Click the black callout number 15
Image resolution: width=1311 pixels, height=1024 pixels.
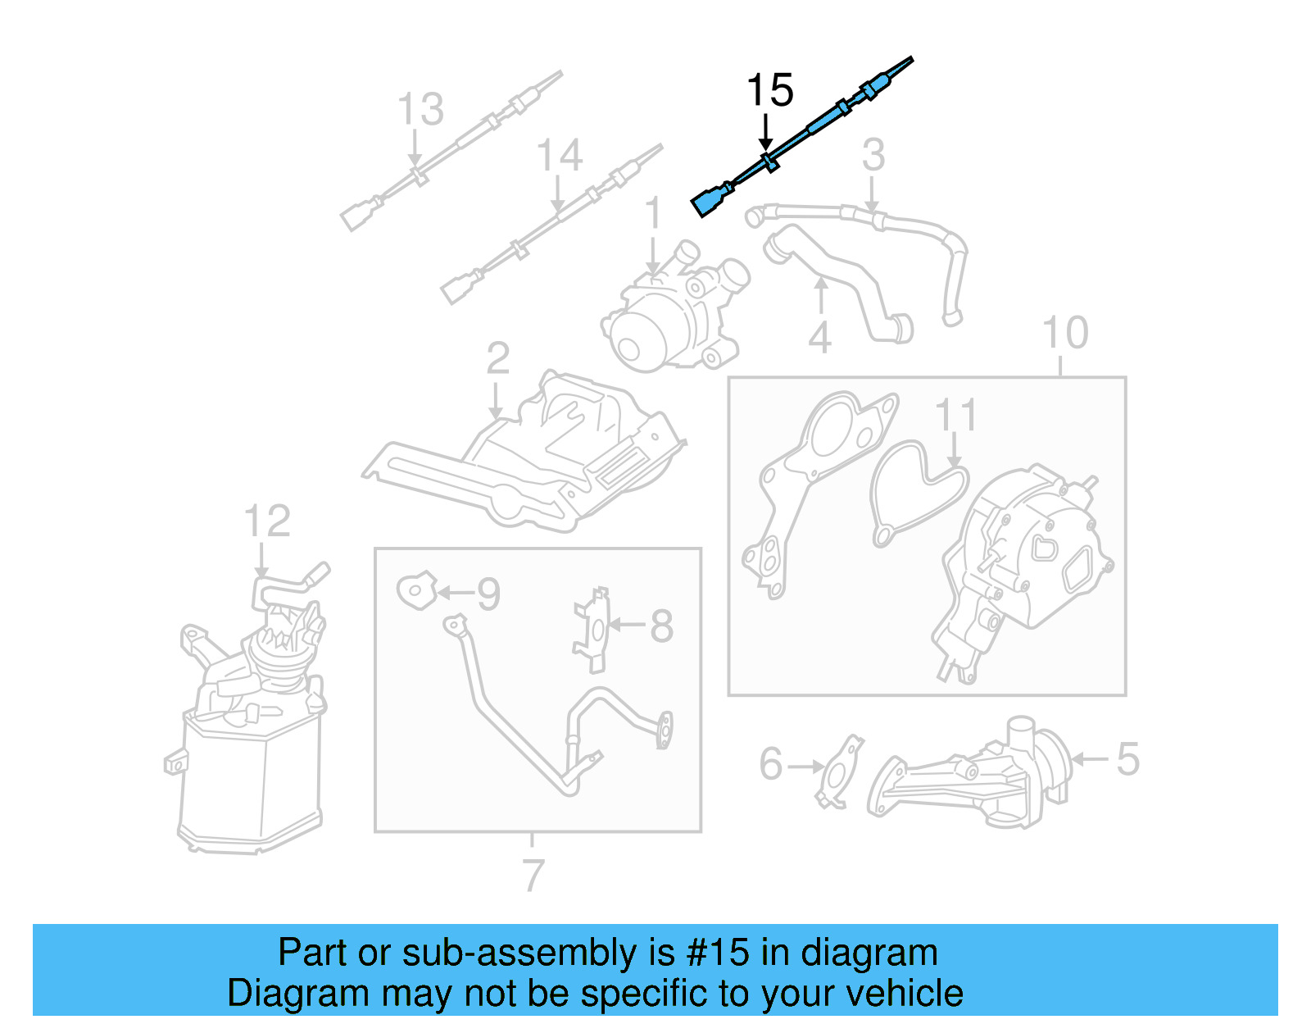pyautogui.click(x=769, y=90)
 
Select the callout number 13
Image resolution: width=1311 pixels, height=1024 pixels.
pyautogui.click(x=420, y=109)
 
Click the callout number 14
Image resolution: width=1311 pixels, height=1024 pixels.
pyautogui.click(x=560, y=155)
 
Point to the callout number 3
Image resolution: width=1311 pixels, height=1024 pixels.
pyautogui.click(x=873, y=155)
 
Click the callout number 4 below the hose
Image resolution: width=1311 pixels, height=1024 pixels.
pyautogui.click(x=820, y=338)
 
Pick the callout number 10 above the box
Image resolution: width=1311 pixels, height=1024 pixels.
pyautogui.click(x=1065, y=333)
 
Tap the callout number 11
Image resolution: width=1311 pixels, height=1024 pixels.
pyautogui.click(x=955, y=416)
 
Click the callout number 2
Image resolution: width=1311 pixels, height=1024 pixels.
pyautogui.click(x=497, y=359)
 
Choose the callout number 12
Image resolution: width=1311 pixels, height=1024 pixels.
pyautogui.click(x=267, y=521)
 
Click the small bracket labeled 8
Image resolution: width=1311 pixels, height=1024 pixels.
pyautogui.click(x=594, y=628)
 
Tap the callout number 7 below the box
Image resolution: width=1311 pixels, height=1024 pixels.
pyautogui.click(x=533, y=876)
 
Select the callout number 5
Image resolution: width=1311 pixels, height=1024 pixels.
pyautogui.click(x=1127, y=759)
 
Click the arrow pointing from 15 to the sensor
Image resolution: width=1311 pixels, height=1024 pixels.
pyautogui.click(x=765, y=133)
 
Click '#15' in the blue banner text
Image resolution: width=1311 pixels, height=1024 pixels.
pyautogui.click(x=718, y=953)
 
